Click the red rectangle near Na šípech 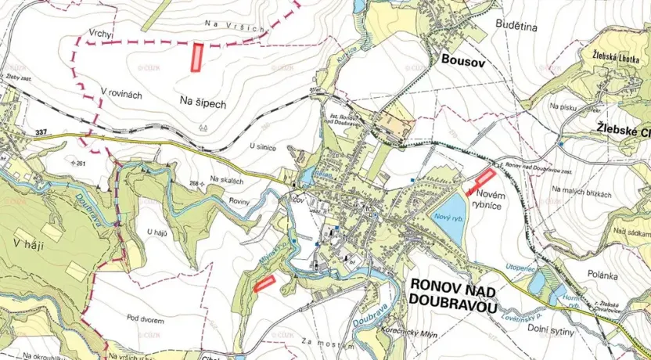coord(197,58)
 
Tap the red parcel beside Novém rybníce coord(480,182)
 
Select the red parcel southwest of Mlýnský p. coord(264,283)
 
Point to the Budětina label coord(516,26)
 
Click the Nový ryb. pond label coord(448,216)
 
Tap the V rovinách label coord(121,94)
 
